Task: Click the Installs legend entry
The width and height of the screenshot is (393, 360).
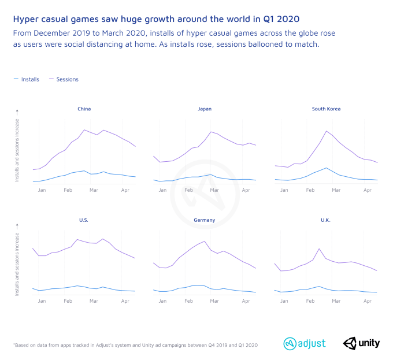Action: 27,79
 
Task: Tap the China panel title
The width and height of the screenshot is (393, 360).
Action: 84,109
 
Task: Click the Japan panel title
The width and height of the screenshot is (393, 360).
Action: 205,109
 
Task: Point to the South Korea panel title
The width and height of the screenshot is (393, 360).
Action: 326,109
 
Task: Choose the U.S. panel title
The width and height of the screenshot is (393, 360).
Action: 84,220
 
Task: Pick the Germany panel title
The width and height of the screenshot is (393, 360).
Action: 205,220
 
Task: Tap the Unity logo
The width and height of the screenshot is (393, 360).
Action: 362,343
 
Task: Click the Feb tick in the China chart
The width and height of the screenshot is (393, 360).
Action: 68,190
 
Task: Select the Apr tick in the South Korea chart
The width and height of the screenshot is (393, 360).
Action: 367,190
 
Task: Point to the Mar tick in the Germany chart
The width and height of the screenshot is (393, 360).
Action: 214,302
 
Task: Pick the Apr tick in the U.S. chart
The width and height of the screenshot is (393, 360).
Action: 125,302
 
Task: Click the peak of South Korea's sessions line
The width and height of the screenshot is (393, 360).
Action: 327,131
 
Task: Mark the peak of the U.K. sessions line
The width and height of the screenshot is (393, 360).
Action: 319,248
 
